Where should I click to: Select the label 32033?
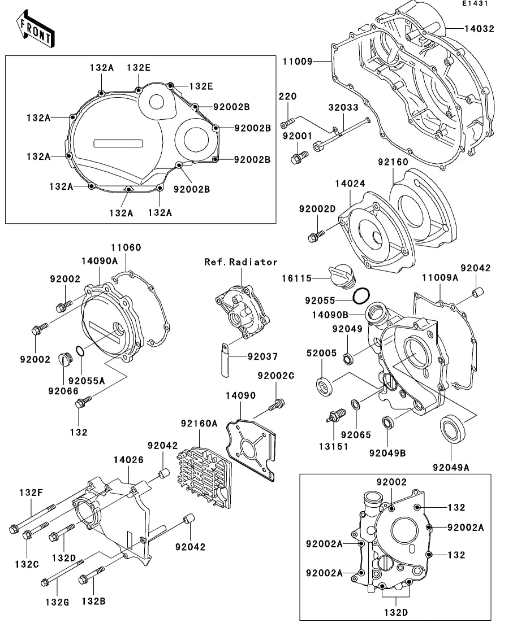[344, 107]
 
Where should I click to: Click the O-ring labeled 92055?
[361, 295]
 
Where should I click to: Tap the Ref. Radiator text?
[241, 262]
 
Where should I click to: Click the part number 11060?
[126, 247]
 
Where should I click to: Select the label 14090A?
[100, 262]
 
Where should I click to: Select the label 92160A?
[199, 423]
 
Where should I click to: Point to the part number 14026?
[128, 460]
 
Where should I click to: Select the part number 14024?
[350, 183]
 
